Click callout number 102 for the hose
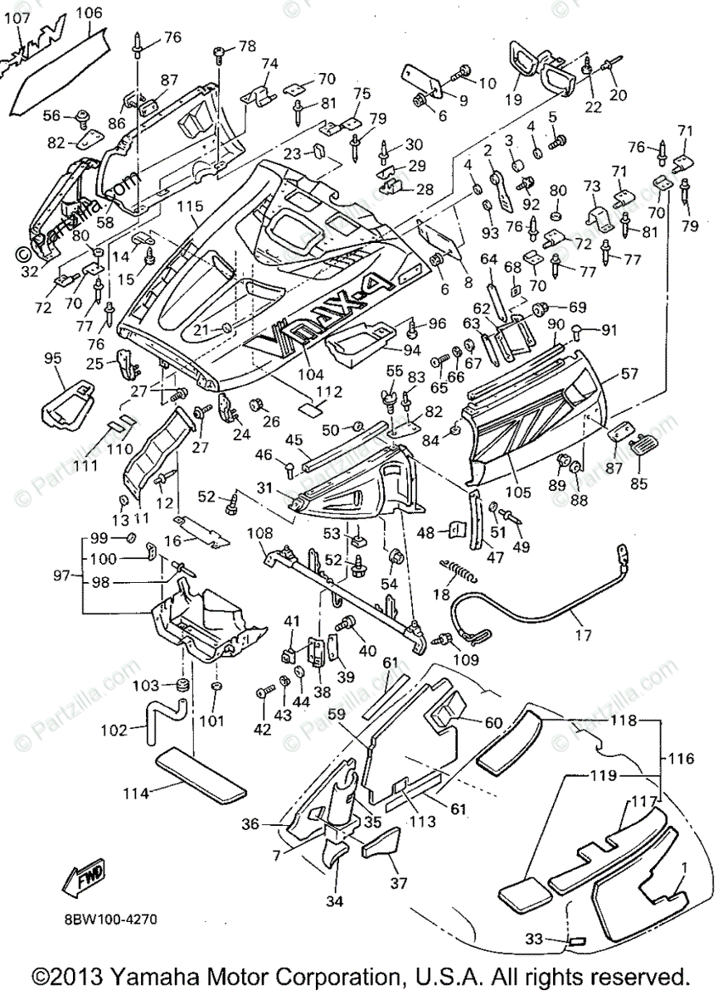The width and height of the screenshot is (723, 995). (x=114, y=730)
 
